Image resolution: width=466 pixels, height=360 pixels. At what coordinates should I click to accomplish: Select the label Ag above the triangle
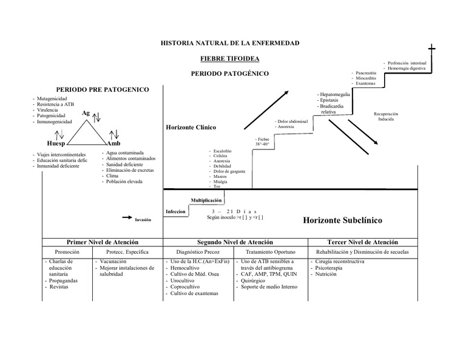(86, 113)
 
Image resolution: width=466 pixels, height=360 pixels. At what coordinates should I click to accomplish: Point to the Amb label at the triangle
(114, 144)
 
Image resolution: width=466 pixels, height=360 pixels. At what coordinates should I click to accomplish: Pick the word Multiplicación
(207, 200)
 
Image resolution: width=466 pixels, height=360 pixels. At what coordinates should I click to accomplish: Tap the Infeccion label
(175, 212)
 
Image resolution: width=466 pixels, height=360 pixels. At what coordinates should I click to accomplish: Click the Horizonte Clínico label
(191, 127)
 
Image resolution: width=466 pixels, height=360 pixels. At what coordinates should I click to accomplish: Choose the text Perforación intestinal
(408, 63)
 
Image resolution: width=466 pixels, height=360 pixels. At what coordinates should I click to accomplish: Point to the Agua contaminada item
(124, 153)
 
